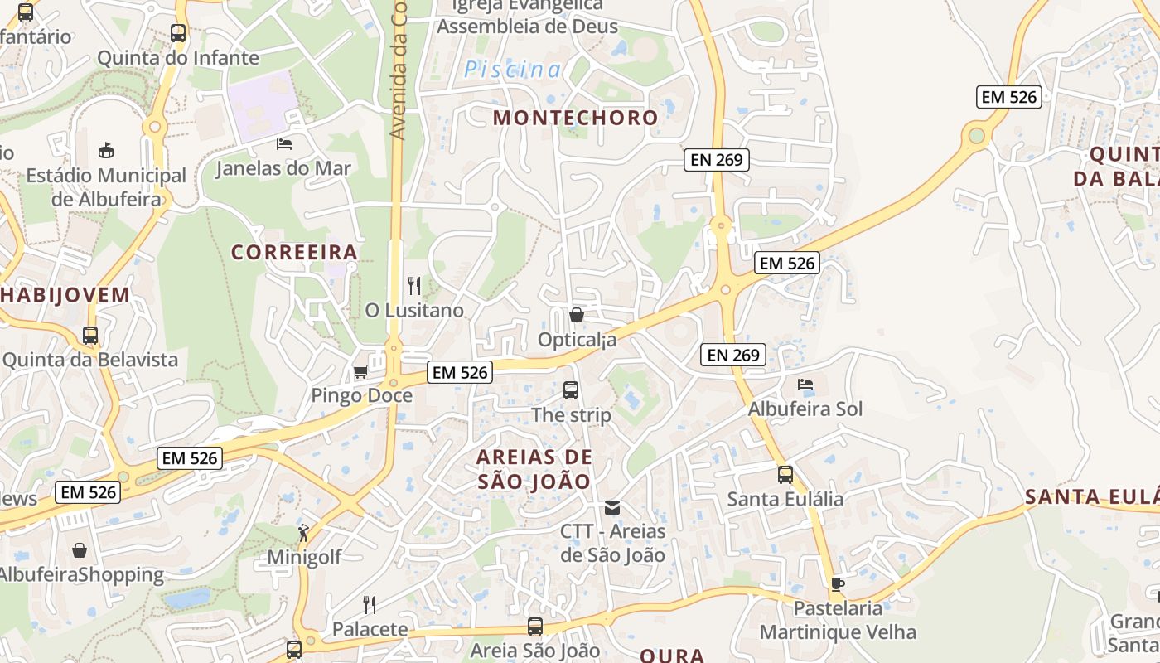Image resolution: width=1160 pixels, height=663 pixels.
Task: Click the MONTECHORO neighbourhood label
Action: point(575,118)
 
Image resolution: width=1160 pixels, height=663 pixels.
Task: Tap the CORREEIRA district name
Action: point(294,252)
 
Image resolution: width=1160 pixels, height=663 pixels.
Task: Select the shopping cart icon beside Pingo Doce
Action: point(360,372)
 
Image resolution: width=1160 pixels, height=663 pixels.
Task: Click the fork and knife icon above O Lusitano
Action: point(414,286)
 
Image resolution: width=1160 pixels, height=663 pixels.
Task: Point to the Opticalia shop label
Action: point(577,340)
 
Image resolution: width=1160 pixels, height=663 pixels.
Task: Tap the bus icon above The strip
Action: point(570,390)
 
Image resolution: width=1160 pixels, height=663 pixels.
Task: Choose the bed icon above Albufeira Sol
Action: point(805,385)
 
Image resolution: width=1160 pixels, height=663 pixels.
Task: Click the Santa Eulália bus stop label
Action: point(785,499)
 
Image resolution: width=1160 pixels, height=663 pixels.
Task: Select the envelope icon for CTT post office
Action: point(612,507)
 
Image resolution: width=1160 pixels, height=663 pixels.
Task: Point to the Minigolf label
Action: point(304,557)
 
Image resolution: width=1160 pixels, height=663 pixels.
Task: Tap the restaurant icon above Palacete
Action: point(370,604)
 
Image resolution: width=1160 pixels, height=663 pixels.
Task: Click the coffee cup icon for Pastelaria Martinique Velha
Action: point(838,584)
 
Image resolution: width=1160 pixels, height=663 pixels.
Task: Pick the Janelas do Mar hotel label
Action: point(283,168)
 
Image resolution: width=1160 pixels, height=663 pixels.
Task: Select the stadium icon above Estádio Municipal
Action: point(106,151)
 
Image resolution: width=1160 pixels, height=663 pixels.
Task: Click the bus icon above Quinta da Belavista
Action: point(90,336)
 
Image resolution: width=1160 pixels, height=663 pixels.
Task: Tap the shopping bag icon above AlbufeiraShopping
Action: point(80,550)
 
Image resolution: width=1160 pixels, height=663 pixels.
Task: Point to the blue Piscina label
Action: point(512,70)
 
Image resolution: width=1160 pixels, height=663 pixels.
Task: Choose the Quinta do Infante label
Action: point(178,58)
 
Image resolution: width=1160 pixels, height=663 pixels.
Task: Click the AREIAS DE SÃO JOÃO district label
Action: point(534,469)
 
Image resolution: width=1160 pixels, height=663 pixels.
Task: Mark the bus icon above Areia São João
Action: point(535,627)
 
